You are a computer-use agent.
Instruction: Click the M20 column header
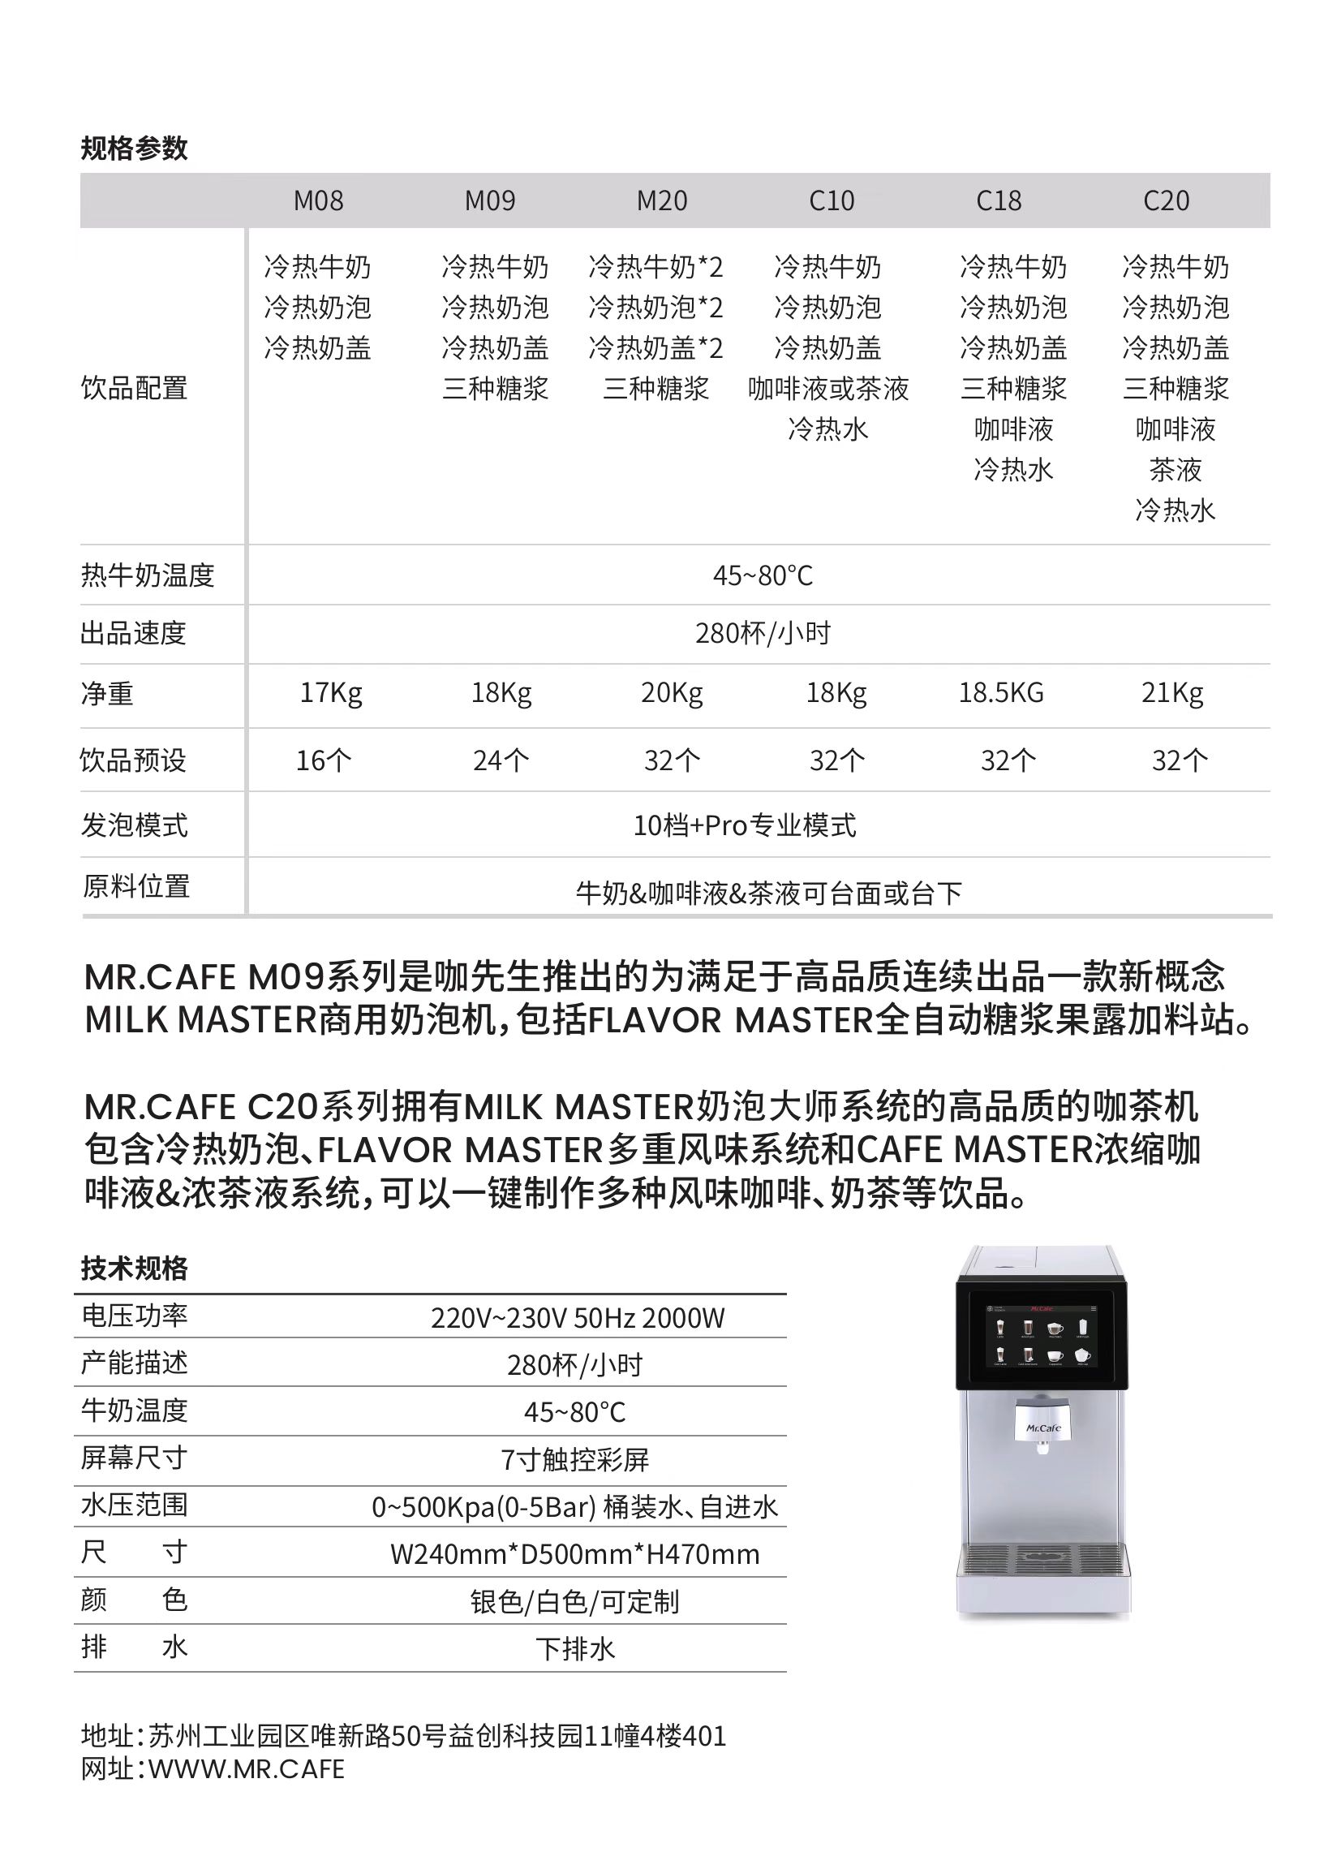(662, 200)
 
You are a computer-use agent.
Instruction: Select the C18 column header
(998, 200)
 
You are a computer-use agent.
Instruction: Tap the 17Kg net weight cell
(330, 692)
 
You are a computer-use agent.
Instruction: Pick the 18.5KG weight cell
(1000, 692)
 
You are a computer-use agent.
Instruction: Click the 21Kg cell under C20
(1172, 692)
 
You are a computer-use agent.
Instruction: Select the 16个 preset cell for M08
(323, 760)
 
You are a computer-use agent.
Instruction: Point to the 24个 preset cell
(501, 760)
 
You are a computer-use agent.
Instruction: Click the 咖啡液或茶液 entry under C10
(827, 389)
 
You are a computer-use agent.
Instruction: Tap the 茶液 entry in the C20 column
(1176, 470)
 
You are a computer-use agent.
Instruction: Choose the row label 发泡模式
(134, 825)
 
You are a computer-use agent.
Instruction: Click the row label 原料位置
(135, 886)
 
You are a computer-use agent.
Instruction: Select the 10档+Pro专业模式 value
(745, 825)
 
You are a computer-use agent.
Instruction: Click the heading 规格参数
(134, 148)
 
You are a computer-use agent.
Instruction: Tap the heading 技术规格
(134, 1268)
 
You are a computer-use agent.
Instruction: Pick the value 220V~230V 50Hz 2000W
(577, 1318)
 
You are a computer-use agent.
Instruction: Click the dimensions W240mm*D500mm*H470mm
(574, 1554)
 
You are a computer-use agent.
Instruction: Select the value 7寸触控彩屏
(574, 1459)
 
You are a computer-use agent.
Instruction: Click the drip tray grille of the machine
(1043, 1558)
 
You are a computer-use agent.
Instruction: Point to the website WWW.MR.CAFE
(246, 1768)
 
